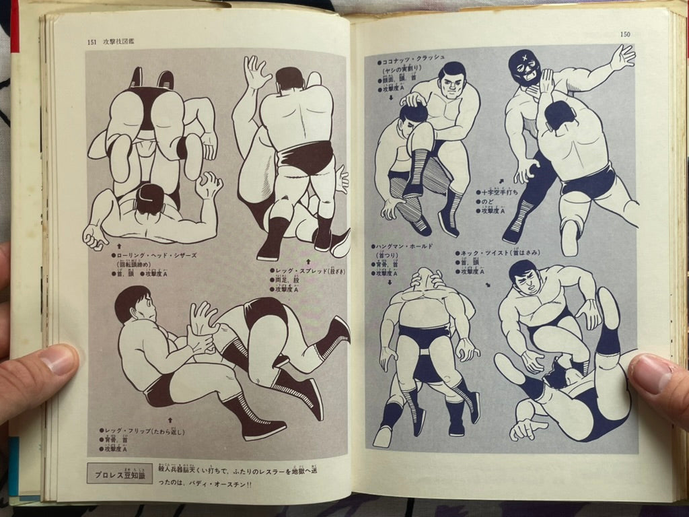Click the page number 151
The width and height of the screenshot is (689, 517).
coord(92,42)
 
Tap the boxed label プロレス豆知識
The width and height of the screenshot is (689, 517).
coord(120,473)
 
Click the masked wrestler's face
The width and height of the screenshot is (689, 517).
coord(525,66)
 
